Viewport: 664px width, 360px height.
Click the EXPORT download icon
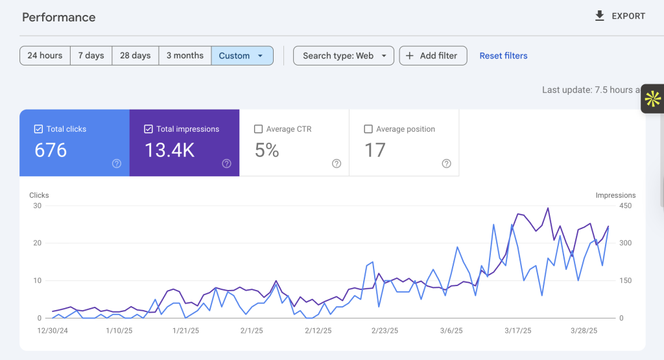point(599,16)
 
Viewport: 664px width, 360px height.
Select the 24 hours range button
point(45,56)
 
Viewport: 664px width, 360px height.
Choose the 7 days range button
point(91,56)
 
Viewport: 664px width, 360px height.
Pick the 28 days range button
point(135,56)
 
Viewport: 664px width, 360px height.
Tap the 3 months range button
point(185,56)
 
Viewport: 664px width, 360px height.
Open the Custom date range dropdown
point(242,56)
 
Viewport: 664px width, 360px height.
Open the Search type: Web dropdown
point(344,56)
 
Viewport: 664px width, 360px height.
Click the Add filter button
point(433,56)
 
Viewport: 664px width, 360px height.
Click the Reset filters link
point(503,56)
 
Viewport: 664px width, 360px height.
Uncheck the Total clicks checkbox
point(38,128)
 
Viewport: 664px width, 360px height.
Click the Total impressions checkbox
point(148,128)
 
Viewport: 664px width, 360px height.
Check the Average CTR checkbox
point(258,128)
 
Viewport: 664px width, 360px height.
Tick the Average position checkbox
point(368,128)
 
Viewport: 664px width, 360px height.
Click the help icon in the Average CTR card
point(337,163)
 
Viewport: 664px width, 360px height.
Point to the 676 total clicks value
point(51,150)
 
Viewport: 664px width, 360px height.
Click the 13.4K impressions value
point(169,150)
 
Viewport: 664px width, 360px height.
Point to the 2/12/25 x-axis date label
point(318,331)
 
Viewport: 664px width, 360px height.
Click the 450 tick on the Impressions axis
point(626,206)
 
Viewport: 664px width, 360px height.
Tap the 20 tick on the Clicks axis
point(37,243)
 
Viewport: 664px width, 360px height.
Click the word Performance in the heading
point(59,18)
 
